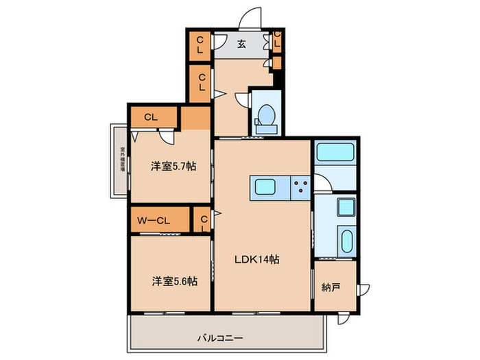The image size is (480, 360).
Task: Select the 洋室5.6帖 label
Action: tap(175, 281)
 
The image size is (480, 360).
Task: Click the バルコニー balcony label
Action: tap(221, 337)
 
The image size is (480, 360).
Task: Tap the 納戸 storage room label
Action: tap(330, 288)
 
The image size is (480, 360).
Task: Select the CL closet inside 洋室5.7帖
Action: tap(151, 117)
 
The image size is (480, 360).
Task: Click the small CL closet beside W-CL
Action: tap(204, 220)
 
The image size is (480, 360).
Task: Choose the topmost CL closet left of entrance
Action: tap(200, 45)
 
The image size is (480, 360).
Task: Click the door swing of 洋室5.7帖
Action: tap(167, 137)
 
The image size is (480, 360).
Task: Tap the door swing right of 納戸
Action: tap(363, 289)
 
